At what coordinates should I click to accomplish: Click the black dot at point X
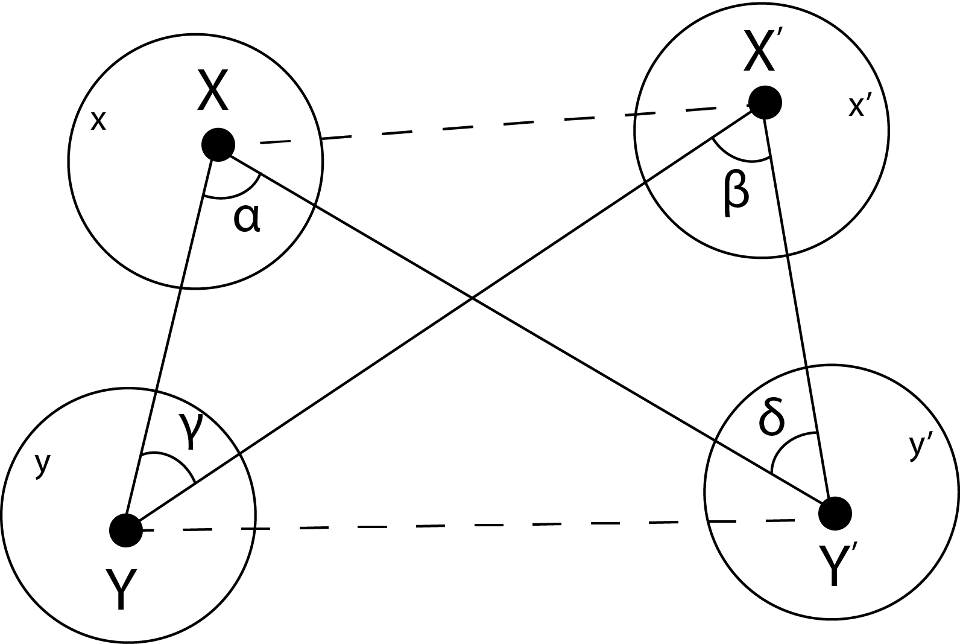218,145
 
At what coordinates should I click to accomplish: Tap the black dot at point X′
765,102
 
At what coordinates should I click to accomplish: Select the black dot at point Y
125,530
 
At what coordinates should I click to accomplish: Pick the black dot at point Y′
835,514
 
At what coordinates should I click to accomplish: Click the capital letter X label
213,91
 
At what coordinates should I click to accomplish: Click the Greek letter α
247,218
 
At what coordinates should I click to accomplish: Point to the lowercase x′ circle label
856,107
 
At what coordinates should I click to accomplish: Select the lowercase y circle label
42,464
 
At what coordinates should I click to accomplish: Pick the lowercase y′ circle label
918,447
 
